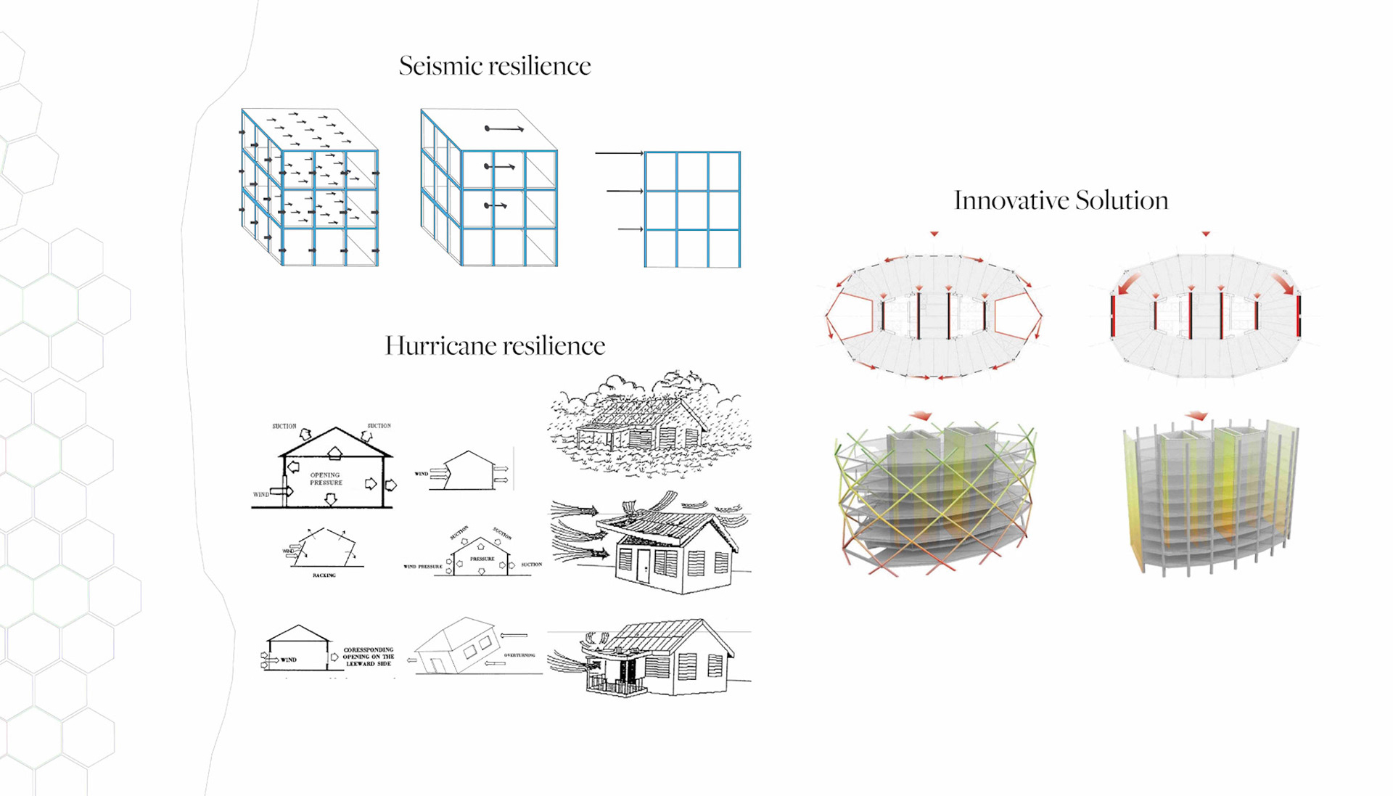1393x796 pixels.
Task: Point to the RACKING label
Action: point(324,575)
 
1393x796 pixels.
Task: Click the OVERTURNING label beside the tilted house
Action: point(519,655)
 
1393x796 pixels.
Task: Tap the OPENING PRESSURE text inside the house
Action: point(325,479)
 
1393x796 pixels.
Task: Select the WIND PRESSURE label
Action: point(422,566)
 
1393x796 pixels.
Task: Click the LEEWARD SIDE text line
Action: point(369,664)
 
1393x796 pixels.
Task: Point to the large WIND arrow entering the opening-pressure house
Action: point(281,491)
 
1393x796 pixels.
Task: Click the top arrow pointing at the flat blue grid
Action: point(619,154)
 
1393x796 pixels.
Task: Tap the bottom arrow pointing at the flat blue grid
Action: point(630,229)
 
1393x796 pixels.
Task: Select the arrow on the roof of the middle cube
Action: point(504,129)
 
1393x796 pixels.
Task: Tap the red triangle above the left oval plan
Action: point(934,234)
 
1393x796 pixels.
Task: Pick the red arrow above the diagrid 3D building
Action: point(921,416)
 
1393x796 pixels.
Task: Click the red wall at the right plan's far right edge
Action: point(1298,315)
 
